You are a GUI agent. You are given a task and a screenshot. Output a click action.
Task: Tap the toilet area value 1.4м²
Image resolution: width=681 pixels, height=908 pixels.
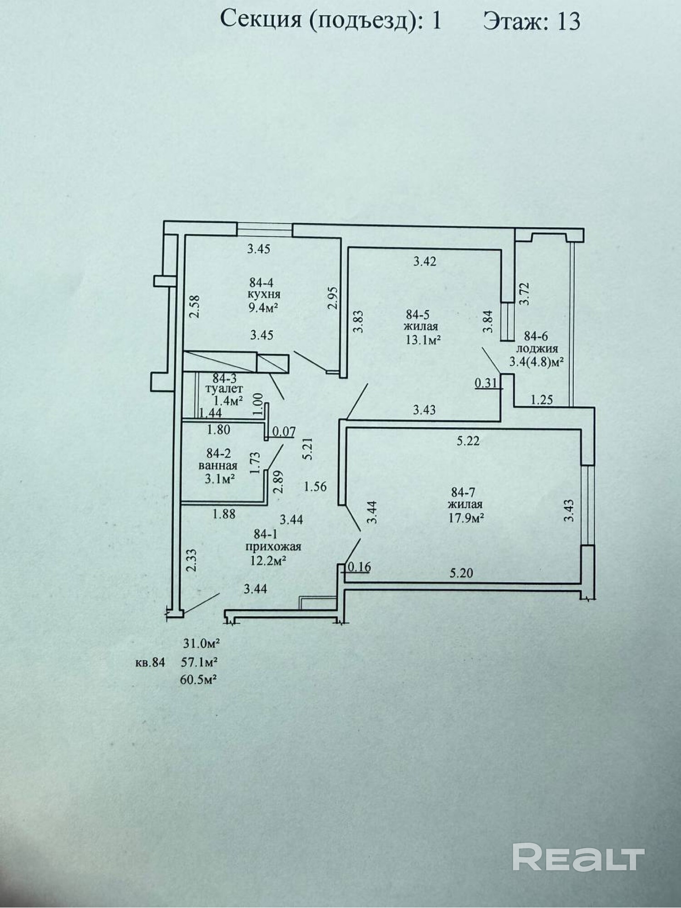point(228,400)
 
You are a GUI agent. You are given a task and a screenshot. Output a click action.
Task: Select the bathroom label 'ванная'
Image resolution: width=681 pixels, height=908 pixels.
point(218,466)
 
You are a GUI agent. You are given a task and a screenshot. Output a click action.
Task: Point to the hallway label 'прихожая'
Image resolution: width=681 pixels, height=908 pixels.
point(271,547)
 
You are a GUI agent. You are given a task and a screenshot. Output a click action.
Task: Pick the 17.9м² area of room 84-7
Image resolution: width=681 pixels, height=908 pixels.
point(465,518)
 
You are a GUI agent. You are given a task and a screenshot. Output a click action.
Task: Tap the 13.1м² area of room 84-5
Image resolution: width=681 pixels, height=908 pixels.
point(424,339)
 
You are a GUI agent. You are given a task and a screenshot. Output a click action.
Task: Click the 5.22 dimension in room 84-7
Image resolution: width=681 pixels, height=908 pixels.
point(468,441)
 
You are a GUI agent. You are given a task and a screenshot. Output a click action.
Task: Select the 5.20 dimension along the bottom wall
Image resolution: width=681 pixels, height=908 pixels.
point(461,573)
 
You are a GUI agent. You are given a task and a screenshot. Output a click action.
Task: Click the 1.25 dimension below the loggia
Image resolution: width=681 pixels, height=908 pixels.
point(542,399)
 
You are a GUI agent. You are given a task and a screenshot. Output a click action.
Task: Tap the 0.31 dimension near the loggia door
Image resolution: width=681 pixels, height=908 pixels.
point(486,383)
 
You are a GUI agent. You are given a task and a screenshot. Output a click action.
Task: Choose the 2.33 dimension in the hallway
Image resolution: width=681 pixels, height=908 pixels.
point(192,560)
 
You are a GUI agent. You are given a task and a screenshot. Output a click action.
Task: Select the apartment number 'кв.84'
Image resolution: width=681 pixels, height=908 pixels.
point(150,663)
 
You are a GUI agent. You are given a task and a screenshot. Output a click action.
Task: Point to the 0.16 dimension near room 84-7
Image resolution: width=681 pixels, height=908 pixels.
point(359,567)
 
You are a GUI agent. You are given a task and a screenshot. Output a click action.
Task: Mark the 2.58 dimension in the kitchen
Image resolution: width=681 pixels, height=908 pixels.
point(194,306)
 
